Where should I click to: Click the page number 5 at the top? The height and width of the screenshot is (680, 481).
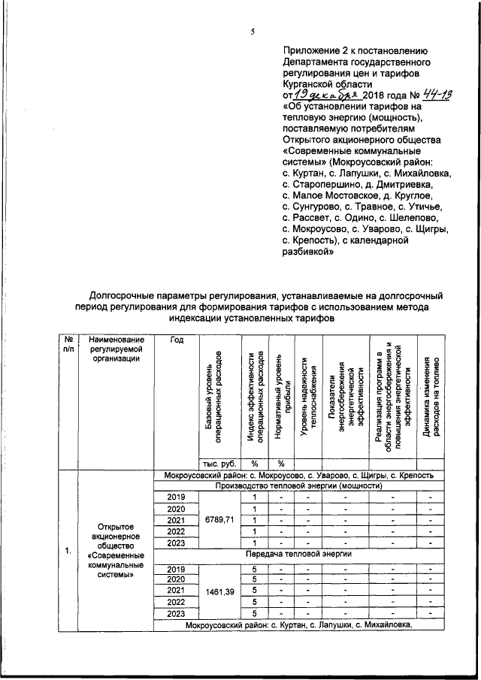point(253,31)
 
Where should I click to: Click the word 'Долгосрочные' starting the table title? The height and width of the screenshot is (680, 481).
point(125,295)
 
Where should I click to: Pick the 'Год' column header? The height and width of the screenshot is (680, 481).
point(177,340)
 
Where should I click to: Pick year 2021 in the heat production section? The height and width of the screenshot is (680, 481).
point(176,520)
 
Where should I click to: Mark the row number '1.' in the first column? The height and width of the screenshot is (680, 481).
point(68,551)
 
